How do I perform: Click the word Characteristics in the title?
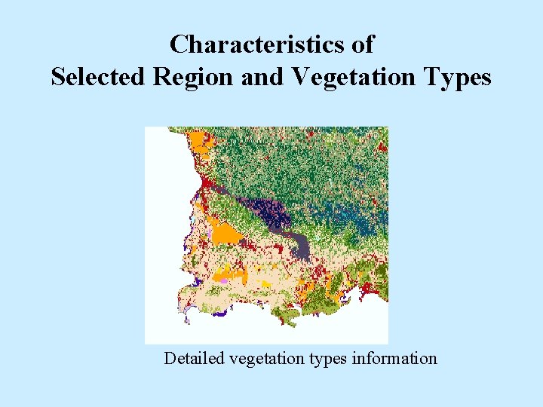coord(258,44)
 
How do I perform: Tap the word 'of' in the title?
coord(362,44)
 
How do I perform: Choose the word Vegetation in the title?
coord(351,77)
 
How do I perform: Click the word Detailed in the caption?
coord(194,358)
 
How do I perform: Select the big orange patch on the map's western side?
coord(225,233)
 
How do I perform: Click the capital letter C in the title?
coord(178,44)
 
